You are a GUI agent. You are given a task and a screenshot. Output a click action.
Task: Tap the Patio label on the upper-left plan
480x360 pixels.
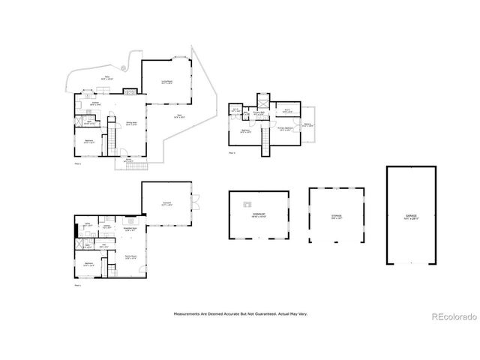pos(107,77)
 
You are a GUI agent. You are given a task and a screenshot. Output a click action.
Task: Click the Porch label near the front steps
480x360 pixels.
pos(128,160)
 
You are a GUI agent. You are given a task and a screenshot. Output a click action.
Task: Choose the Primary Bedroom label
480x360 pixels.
pos(288,127)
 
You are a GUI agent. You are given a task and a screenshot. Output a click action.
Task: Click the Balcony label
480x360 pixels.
pos(308,125)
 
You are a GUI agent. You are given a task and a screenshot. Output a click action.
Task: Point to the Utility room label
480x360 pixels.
pos(88,225)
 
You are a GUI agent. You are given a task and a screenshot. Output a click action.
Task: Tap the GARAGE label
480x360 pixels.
pos(411,216)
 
